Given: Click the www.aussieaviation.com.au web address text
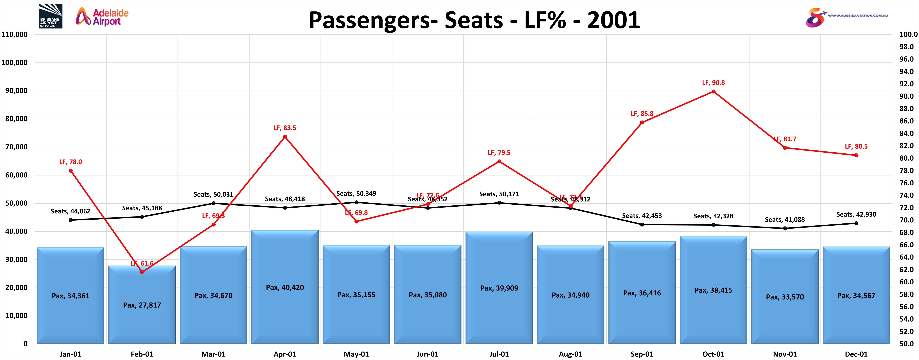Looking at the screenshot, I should [x=858, y=15].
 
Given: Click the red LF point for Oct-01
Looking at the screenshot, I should [x=713, y=91].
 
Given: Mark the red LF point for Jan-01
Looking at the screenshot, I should [x=71, y=170].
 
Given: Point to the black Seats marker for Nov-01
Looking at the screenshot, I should [x=785, y=228].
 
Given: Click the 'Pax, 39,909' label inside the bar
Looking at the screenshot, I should [x=499, y=288].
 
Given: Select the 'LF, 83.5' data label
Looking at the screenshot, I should [x=285, y=128].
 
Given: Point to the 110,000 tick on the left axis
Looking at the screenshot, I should [x=15, y=34].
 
